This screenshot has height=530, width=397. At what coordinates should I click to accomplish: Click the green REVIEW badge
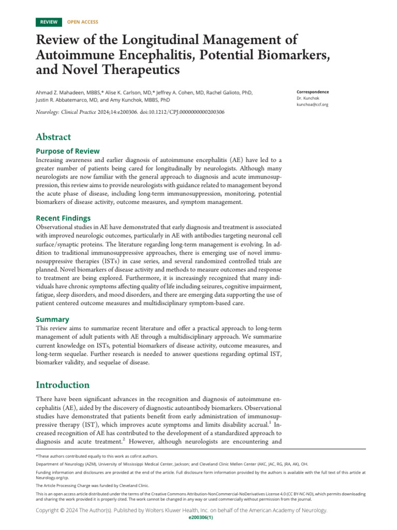[x=49, y=22]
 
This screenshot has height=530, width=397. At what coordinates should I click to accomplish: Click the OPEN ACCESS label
[x=83, y=22]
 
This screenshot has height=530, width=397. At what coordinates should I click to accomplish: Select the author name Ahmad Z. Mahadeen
[x=62, y=92]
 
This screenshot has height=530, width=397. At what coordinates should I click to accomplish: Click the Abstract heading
[x=53, y=137]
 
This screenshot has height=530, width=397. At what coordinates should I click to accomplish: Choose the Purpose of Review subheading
[x=67, y=151]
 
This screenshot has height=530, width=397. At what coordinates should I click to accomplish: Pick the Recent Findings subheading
[x=63, y=218]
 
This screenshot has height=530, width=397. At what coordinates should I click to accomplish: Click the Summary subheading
[x=52, y=319]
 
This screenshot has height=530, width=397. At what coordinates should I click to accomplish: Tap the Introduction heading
[x=63, y=385]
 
